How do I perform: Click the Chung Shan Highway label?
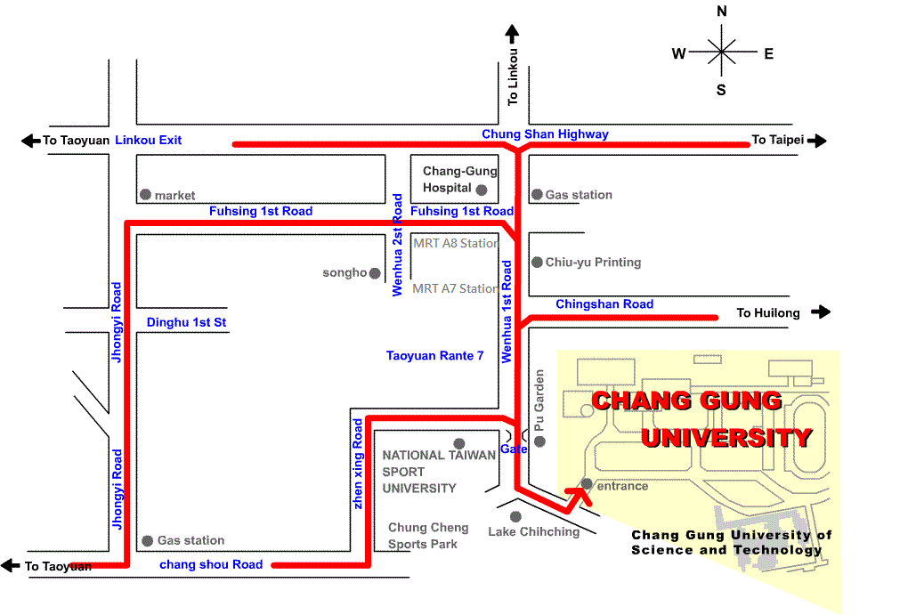(545, 134)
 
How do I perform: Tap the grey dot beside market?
(144, 194)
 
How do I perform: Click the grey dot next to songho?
(375, 273)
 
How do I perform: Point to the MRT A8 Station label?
(455, 243)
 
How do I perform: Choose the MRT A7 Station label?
(455, 288)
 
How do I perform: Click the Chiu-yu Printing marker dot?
(537, 262)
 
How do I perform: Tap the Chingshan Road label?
(604, 304)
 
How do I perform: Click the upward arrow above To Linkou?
(512, 35)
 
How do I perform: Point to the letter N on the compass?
(721, 12)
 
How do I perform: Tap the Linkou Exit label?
(149, 140)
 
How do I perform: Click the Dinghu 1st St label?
(187, 322)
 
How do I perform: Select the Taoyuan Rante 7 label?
(434, 356)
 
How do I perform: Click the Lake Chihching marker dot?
(515, 516)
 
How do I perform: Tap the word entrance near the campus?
(622, 486)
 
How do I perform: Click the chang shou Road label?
(211, 564)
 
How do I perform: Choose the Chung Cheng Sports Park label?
(428, 536)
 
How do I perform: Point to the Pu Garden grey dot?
(539, 441)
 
